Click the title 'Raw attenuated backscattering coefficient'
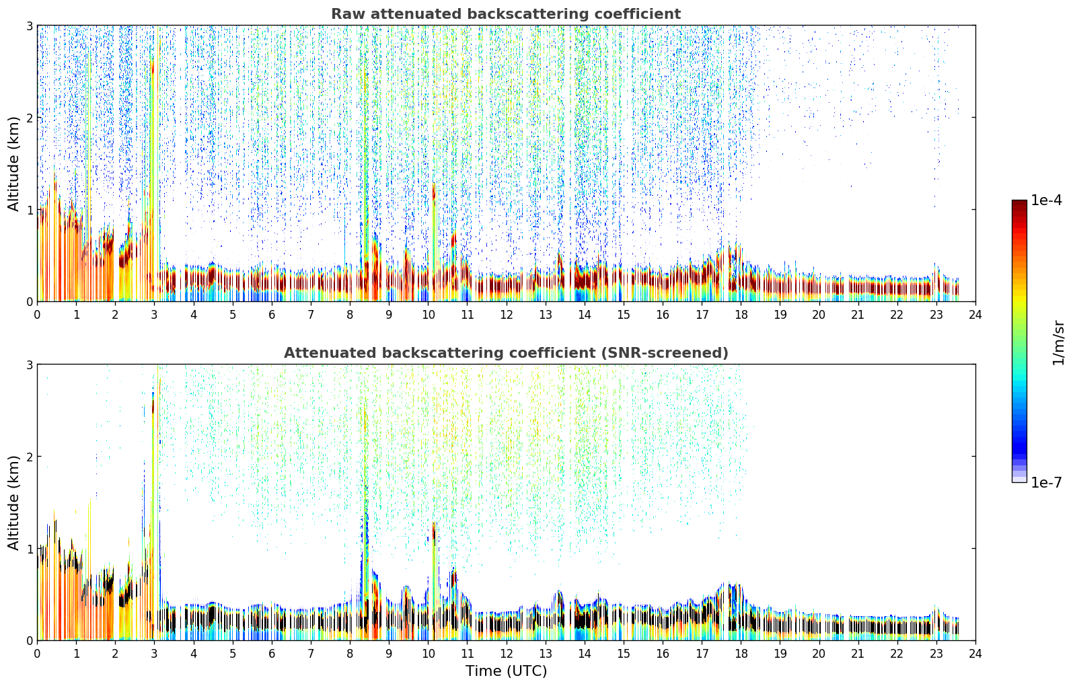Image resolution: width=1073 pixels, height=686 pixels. tap(506, 14)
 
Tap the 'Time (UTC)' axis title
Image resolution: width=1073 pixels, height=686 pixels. tap(506, 671)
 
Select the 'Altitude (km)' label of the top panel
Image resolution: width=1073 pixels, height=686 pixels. tap(13, 164)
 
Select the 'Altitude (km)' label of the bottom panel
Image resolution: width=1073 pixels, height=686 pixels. tap(13, 502)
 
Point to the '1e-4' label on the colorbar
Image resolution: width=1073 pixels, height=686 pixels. tap(1046, 200)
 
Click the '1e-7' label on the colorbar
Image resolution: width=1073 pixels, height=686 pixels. tap(1046, 482)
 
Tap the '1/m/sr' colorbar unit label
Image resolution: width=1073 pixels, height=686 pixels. tap(1058, 344)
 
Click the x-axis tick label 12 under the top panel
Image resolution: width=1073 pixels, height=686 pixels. tap(507, 315)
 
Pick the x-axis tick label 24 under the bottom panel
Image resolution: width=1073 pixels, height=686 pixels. tap(975, 654)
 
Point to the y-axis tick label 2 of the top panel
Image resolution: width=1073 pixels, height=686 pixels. tap(29, 118)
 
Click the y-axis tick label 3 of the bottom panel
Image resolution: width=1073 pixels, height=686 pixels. tap(29, 365)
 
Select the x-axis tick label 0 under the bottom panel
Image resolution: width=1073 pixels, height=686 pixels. tap(38, 654)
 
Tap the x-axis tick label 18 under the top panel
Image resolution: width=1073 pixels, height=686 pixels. tap(741, 315)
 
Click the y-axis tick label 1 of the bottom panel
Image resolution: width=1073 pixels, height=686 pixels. tap(29, 549)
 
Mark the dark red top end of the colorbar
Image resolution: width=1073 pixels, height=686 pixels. tap(1019, 202)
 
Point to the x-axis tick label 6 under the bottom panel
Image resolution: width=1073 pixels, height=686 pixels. tap(272, 654)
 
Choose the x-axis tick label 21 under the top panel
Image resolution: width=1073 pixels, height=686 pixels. tap(858, 315)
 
